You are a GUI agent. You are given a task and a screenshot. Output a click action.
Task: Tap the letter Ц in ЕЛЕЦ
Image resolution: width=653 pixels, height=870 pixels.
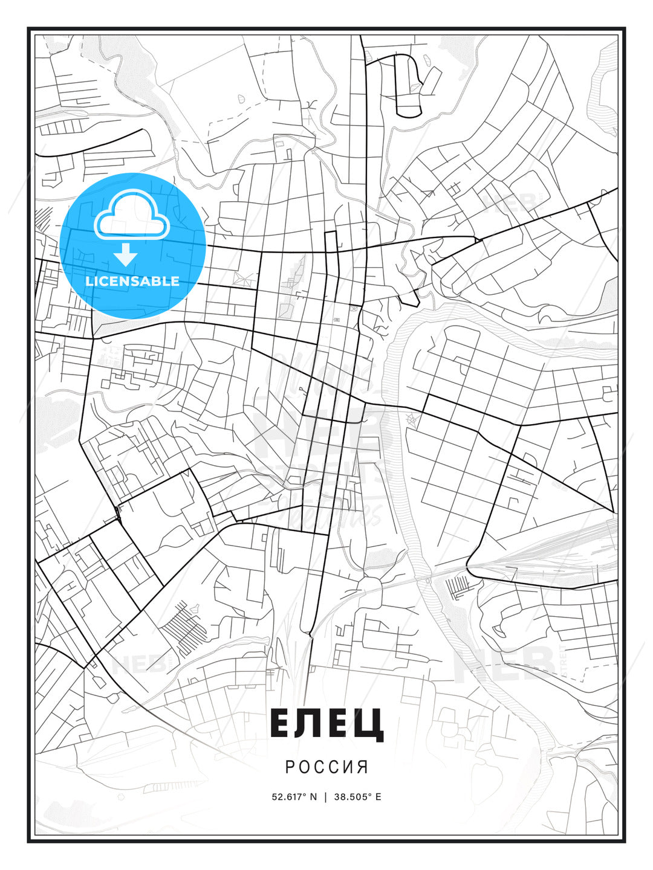(x=369, y=724)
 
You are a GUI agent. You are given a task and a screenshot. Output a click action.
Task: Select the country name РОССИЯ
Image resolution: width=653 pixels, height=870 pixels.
(x=326, y=767)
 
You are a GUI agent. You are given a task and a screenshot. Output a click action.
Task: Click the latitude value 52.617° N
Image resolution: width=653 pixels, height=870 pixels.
(x=294, y=796)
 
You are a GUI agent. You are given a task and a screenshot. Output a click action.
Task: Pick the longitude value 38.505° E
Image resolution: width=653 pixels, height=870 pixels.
(x=359, y=796)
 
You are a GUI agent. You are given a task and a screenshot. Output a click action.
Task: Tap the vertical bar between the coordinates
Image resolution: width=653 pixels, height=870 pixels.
(x=326, y=796)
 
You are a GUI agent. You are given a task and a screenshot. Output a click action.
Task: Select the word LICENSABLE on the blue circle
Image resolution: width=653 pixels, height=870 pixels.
(x=132, y=281)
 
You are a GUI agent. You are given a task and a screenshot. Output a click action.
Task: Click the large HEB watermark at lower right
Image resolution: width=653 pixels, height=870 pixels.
(x=505, y=662)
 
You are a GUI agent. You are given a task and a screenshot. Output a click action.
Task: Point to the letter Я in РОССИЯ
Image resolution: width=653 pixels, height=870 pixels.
(x=363, y=767)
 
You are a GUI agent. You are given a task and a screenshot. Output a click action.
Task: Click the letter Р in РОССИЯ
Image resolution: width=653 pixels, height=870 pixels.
(x=290, y=767)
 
